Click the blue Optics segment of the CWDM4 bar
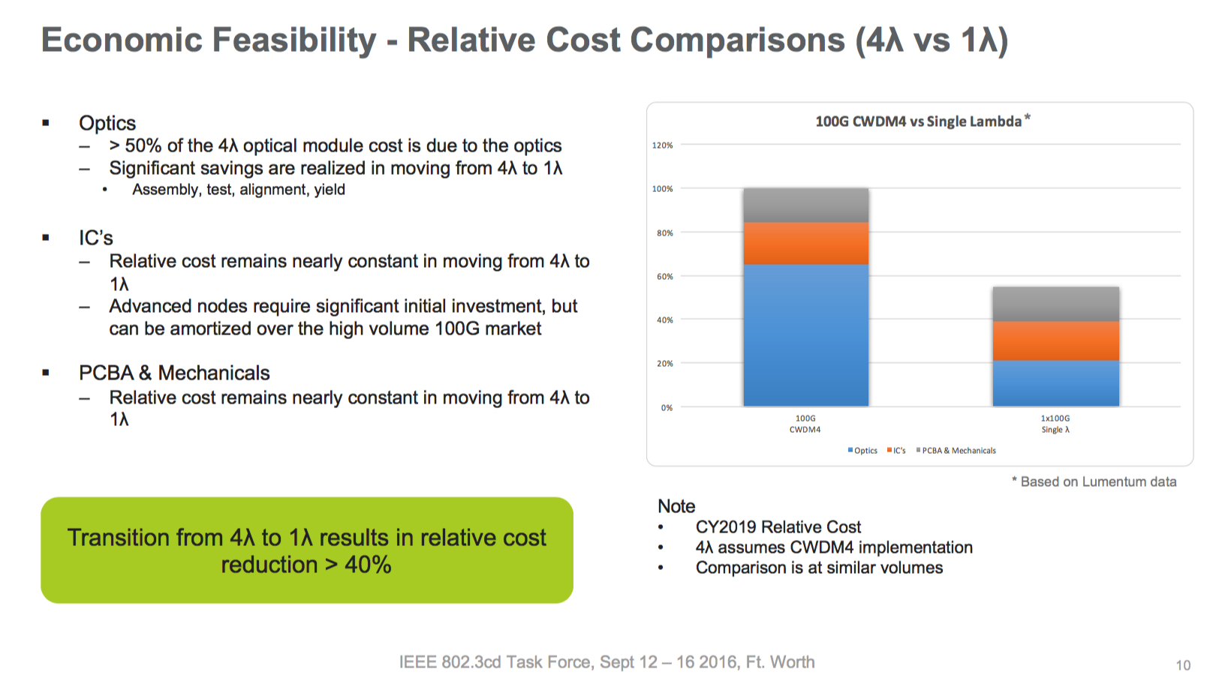[805, 335]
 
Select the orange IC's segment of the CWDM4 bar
[805, 243]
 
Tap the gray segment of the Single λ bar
[1055, 304]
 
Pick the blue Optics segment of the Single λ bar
[1055, 383]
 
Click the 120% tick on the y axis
[662, 145]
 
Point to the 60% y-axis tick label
[664, 277]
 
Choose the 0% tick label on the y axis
[667, 408]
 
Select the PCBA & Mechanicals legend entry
[956, 451]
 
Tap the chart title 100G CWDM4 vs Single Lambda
[918, 121]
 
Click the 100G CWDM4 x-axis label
[805, 424]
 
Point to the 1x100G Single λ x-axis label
[1055, 424]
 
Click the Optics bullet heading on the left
[107, 123]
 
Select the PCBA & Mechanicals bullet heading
[174, 373]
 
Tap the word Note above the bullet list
[676, 506]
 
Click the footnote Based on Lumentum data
[1097, 481]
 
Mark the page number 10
[1183, 665]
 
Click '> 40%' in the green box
[358, 565]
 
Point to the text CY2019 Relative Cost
[778, 527]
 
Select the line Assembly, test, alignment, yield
[239, 190]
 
